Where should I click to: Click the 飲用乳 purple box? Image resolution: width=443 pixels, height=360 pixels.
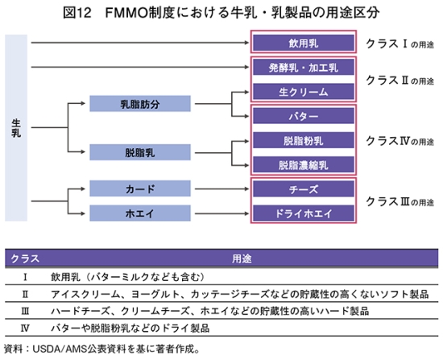coord(304,43)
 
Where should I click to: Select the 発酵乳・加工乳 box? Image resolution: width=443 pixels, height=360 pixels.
coord(304,68)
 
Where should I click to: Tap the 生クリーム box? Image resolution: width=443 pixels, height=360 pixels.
coord(304,92)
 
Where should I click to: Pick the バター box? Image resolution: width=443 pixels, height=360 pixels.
coord(304,116)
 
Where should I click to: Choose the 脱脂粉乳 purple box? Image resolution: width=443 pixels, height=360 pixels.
coord(304,140)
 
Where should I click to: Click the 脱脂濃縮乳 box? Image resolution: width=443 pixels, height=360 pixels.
coord(304,164)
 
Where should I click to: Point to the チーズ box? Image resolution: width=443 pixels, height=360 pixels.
coord(304,188)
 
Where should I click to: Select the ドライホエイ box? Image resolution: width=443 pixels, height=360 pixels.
coord(304,213)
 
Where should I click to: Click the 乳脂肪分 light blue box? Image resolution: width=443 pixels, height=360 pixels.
coord(140,104)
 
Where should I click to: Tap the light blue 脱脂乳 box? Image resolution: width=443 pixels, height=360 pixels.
coord(140,152)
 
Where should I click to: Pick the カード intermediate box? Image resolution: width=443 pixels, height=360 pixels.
coord(140,188)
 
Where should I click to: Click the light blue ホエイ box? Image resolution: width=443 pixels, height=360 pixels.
coord(140,213)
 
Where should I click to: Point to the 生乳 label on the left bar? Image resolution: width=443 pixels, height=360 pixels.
coord(16,128)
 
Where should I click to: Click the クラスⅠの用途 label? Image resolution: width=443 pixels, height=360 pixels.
coord(400,43)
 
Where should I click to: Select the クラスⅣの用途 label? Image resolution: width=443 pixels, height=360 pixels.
coord(400,141)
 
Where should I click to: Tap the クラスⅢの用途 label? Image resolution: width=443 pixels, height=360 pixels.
coord(400,202)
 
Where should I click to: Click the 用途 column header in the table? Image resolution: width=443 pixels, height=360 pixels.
coord(242,259)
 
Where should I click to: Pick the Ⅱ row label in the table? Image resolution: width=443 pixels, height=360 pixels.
coord(25,295)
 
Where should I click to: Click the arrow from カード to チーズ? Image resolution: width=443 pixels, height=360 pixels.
coord(221,188)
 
